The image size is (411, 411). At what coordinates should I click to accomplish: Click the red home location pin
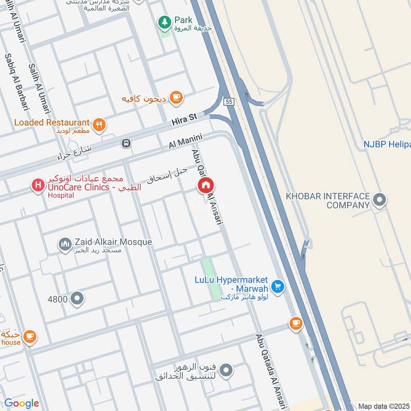tap(206, 185)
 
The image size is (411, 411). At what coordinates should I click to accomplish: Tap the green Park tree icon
tap(164, 22)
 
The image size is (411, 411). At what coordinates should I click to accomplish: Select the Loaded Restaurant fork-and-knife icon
tap(99, 123)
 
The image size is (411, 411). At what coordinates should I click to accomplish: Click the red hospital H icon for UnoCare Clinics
tap(37, 184)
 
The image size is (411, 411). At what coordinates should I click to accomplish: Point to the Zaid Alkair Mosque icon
tap(64, 244)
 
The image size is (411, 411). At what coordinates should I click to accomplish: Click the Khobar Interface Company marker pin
tap(380, 200)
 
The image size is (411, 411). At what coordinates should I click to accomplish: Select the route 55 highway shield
tap(229, 102)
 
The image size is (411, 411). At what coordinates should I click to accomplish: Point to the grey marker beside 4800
tap(77, 298)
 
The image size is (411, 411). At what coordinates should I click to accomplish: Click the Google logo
tap(22, 403)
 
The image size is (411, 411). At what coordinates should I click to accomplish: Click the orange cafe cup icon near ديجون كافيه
tap(176, 97)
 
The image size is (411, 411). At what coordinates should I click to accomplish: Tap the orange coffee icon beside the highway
tap(295, 323)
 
